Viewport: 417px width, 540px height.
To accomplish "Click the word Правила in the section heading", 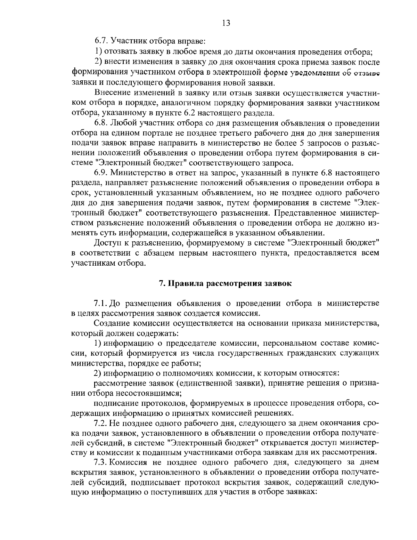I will tap(186, 283).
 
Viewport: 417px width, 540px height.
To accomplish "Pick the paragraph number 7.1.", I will tap(101, 303).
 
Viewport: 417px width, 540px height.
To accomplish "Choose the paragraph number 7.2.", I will tap(101, 422).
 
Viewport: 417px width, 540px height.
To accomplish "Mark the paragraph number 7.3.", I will tap(101, 462).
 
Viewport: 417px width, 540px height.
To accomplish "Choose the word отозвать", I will tap(119, 52).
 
